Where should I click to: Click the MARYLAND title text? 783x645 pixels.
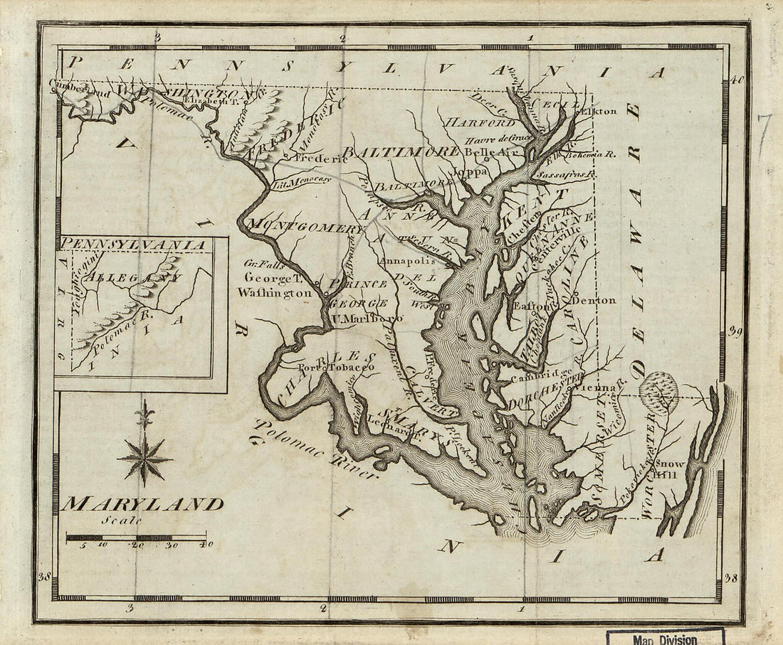[142, 504]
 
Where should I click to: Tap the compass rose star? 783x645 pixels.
[144, 459]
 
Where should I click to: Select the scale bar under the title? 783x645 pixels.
[136, 538]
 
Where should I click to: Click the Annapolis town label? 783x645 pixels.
[406, 261]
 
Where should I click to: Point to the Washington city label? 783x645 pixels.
[275, 292]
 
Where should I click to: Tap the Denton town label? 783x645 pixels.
[594, 300]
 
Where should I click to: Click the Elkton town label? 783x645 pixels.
[597, 111]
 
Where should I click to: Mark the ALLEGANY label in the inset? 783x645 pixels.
[132, 277]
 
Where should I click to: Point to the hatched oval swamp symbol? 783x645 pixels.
[658, 390]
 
